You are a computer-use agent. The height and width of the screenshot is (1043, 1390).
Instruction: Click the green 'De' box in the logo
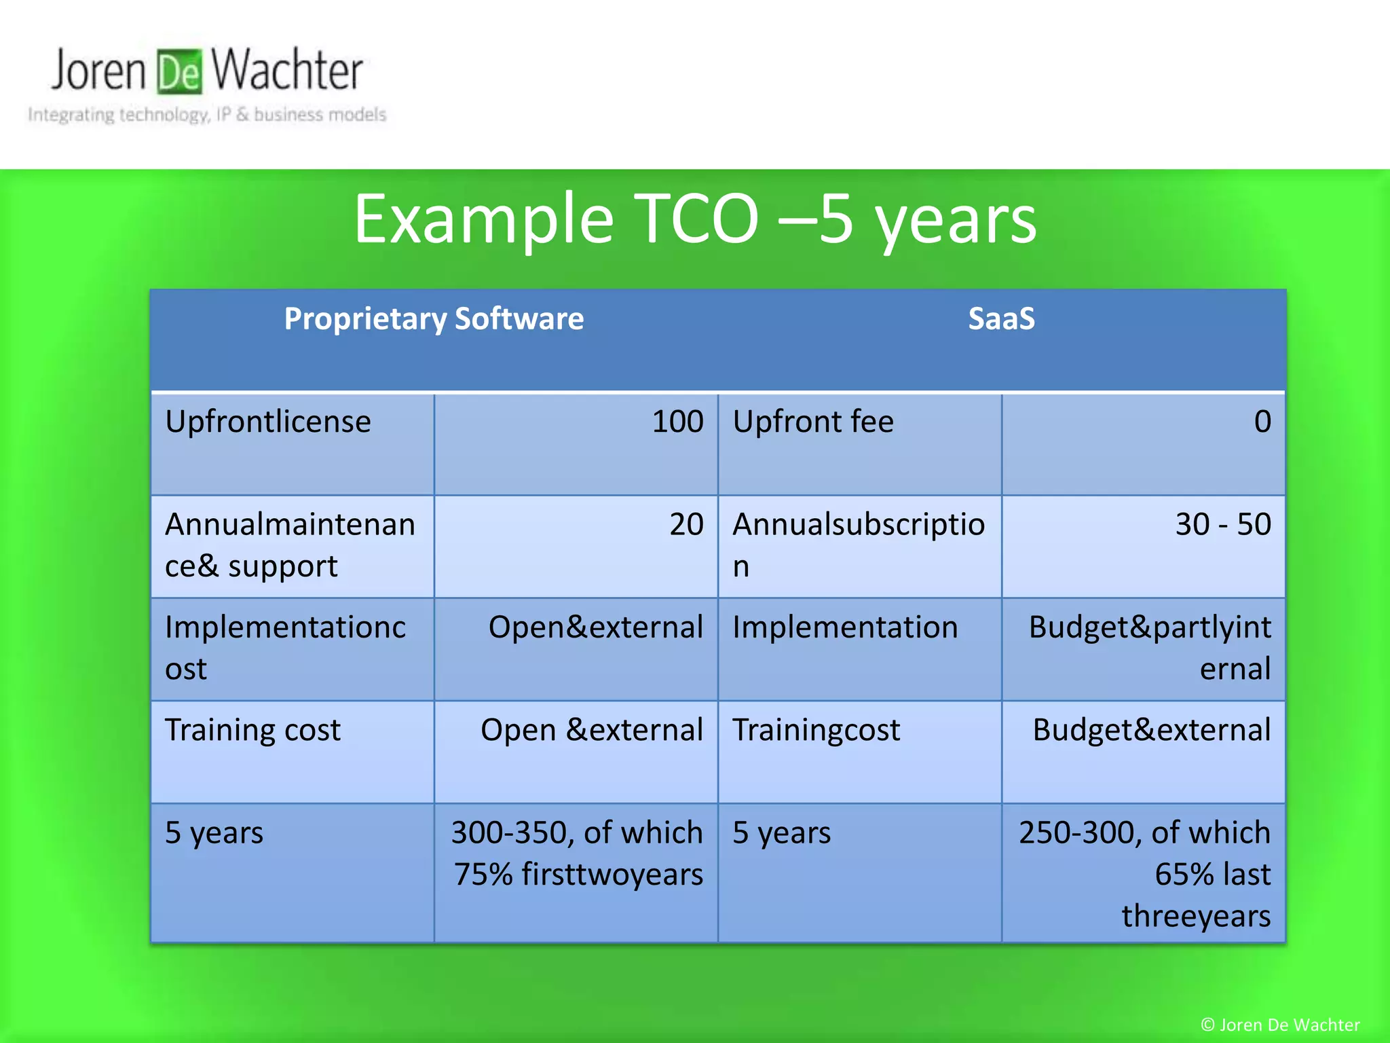tap(179, 71)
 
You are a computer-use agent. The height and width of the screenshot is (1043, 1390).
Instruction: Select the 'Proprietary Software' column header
tap(434, 319)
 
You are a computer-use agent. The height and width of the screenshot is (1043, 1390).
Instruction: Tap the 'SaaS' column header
tap(1001, 319)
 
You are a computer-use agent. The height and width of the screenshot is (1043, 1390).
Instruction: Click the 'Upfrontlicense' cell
tap(292, 444)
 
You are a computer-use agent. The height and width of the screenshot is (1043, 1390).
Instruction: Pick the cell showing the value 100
tap(576, 444)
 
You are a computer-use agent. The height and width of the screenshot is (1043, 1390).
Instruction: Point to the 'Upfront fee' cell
tap(859, 444)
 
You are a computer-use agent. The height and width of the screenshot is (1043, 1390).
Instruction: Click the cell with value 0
tap(1143, 444)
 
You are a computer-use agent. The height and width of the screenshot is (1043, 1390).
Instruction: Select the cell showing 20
tap(576, 546)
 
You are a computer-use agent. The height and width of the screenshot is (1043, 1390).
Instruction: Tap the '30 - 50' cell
tap(1143, 546)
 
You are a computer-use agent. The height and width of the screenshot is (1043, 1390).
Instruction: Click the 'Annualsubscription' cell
tap(859, 546)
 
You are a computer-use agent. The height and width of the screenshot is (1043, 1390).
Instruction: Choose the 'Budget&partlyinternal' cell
tap(1143, 648)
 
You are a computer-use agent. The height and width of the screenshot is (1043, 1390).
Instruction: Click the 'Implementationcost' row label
tap(292, 648)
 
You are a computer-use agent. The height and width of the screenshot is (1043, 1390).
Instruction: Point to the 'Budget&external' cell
tap(1143, 751)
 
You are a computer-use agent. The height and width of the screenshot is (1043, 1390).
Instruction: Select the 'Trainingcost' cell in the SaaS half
tap(859, 751)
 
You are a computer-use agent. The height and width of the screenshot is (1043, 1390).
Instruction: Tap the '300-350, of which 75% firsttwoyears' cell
tap(576, 873)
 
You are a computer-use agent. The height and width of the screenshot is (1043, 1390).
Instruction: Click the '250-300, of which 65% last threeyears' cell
tap(1143, 873)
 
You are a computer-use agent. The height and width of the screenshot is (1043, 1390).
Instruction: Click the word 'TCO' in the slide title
tap(696, 219)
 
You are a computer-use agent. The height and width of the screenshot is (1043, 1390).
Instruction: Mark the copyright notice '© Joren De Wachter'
tap(1279, 1025)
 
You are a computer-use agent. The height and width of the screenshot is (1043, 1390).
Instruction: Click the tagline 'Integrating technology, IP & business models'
tap(207, 115)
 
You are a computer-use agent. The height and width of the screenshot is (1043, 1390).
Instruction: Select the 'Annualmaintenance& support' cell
tap(292, 546)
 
